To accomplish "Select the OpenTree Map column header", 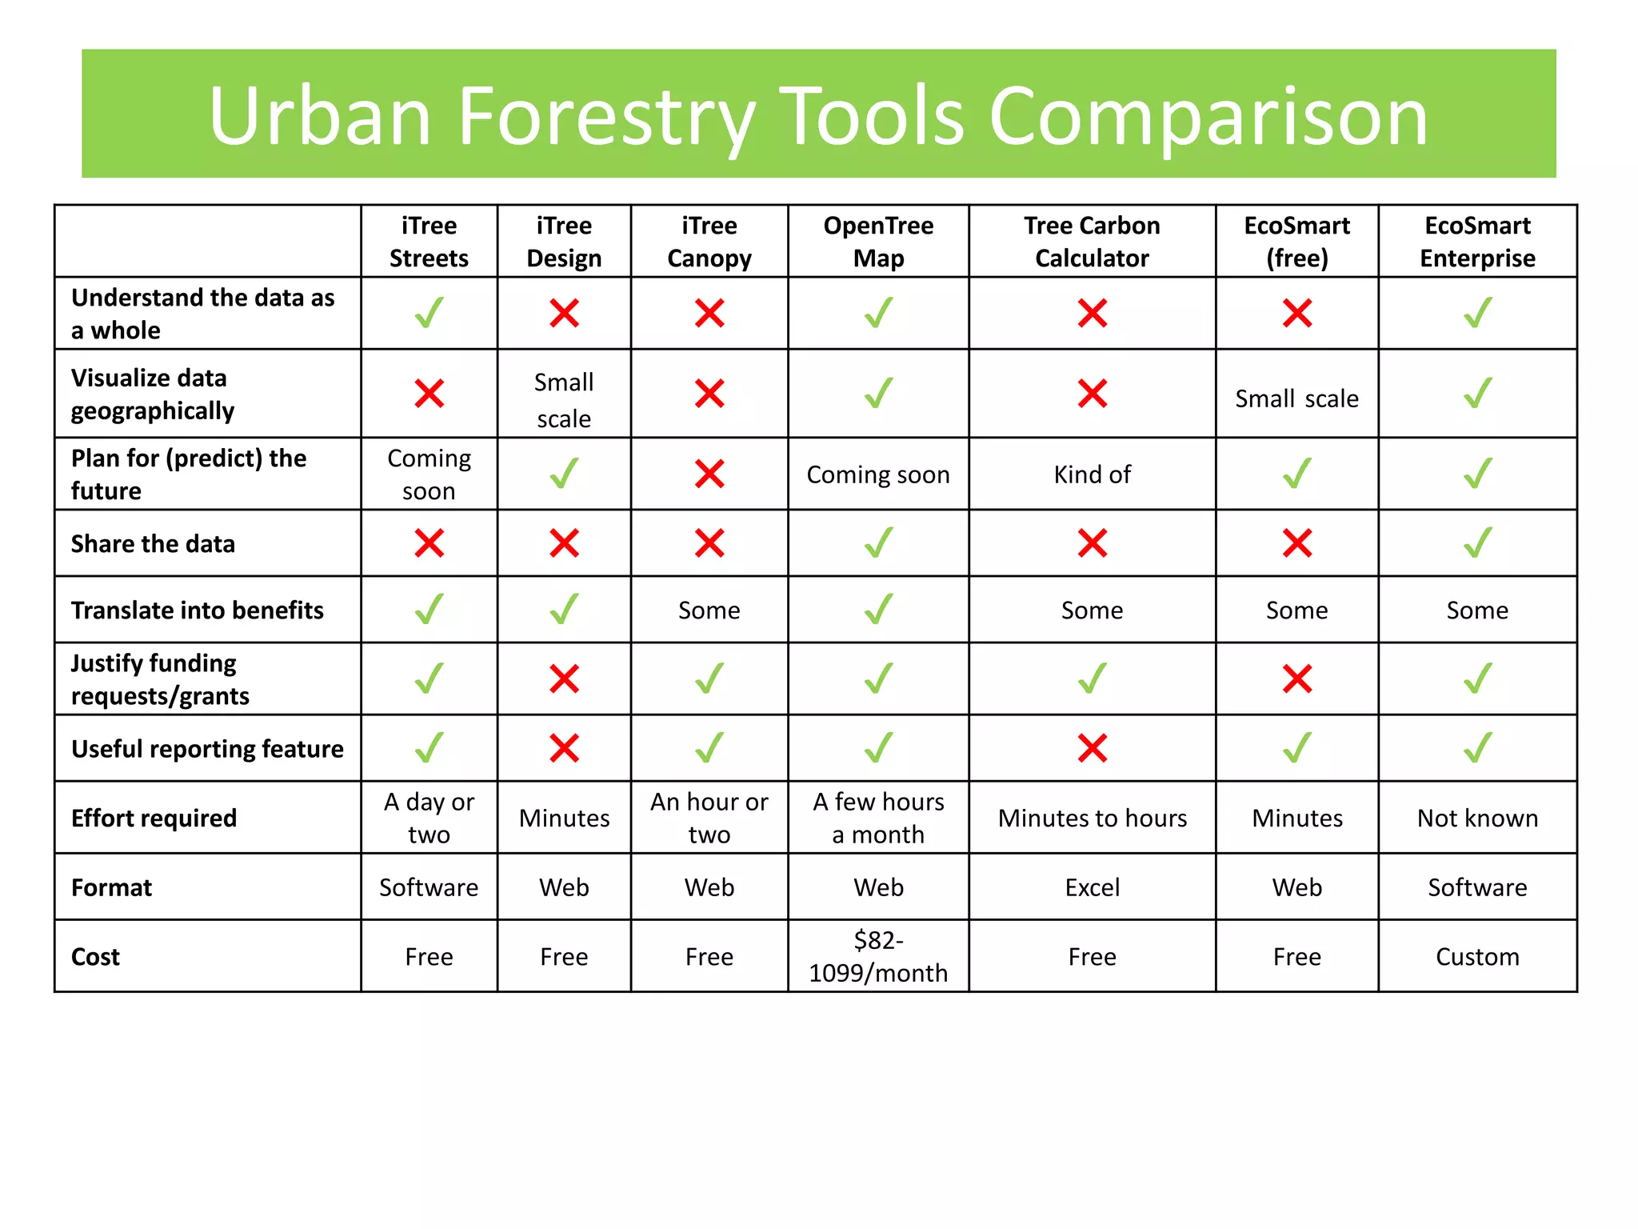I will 878,242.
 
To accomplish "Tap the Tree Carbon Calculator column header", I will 1092,242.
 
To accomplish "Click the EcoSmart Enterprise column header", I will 1477,242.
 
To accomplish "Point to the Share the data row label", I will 153,544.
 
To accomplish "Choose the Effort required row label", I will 154,818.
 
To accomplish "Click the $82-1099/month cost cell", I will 878,956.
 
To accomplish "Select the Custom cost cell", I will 1477,957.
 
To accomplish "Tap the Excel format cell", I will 1092,887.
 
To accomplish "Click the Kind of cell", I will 1092,474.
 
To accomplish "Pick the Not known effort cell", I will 1477,818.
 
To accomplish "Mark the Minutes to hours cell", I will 1092,818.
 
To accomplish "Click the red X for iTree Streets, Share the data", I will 429,543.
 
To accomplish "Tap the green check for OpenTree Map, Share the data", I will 878,542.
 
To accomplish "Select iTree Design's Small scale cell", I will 564,400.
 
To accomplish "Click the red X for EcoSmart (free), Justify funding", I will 1296,679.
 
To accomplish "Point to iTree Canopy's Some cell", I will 709,610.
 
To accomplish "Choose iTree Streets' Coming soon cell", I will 429,474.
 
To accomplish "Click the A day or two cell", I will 429,818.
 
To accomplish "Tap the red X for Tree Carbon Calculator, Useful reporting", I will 1092,749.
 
